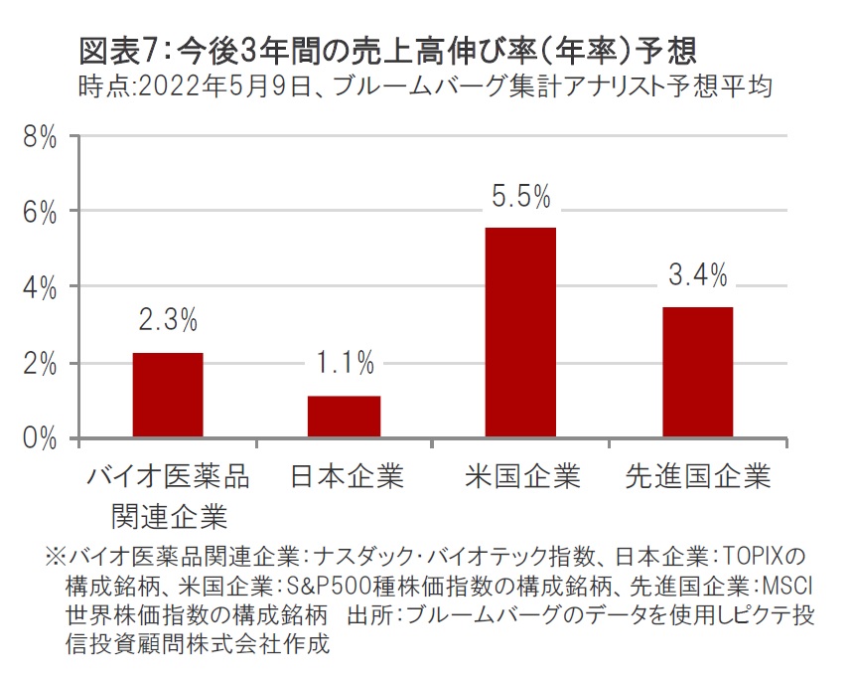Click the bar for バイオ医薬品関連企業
(x=168, y=395)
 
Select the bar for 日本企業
(x=344, y=417)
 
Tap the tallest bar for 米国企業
(x=520, y=332)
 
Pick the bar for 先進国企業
(x=697, y=372)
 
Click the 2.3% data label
(x=168, y=321)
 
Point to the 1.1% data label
(x=344, y=364)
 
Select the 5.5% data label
(x=520, y=197)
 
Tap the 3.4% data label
(x=697, y=275)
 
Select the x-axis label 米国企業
(x=522, y=477)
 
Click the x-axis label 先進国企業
(x=698, y=477)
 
